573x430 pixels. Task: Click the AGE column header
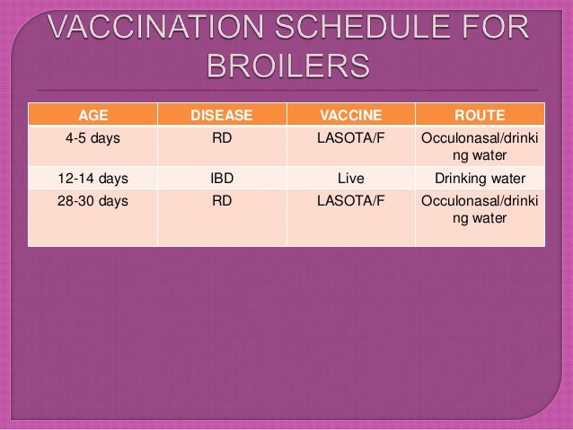tap(93, 115)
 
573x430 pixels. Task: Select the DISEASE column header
tap(222, 115)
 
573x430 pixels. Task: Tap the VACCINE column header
tap(350, 115)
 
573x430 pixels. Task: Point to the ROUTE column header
tap(480, 115)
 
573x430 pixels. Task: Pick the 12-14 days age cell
tap(93, 178)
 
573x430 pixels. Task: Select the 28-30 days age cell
tap(93, 202)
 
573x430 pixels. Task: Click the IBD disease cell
tap(222, 178)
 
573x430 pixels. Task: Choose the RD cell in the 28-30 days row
tap(222, 202)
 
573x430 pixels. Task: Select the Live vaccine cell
tap(350, 178)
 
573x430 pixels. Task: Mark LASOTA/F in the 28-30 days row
tap(350, 202)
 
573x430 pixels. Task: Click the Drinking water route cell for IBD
tap(480, 178)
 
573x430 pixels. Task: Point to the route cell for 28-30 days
tap(480, 210)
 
